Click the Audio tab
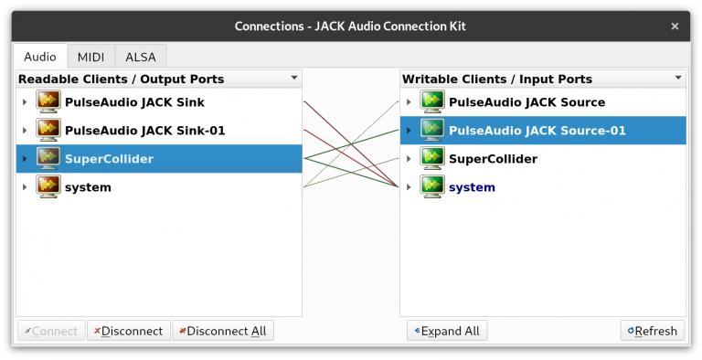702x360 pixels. pyautogui.click(x=40, y=56)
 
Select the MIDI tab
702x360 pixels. pyautogui.click(x=90, y=56)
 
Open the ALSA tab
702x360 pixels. pyautogui.click(x=140, y=56)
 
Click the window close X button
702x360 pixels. pyautogui.click(x=675, y=26)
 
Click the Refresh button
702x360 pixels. pyautogui.click(x=653, y=331)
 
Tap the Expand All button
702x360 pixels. pyautogui.click(x=447, y=331)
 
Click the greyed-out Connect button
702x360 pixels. pyautogui.click(x=51, y=331)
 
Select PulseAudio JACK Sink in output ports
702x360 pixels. pyautogui.click(x=134, y=102)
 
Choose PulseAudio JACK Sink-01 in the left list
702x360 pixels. pyautogui.click(x=144, y=131)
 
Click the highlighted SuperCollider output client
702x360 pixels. pyautogui.click(x=109, y=159)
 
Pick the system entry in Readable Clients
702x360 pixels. pyautogui.click(x=88, y=187)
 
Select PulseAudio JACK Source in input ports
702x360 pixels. pyautogui.click(x=526, y=102)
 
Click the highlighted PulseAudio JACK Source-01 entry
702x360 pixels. pyautogui.click(x=537, y=131)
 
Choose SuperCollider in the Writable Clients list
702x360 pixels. pyautogui.click(x=493, y=159)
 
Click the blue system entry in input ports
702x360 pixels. pyautogui.click(x=472, y=187)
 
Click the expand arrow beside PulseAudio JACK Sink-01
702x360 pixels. pyautogui.click(x=25, y=131)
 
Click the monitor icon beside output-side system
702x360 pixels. pyautogui.click(x=48, y=187)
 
